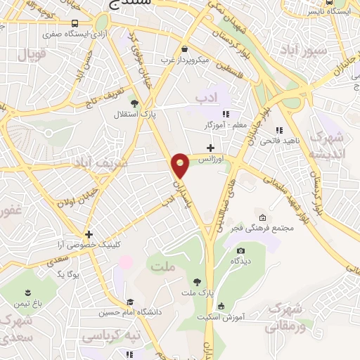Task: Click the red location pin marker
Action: (180, 165)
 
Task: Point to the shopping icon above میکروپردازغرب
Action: (184, 49)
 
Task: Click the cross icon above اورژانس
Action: (210, 146)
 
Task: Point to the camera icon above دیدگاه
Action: (241, 251)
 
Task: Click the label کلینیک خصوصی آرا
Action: (89, 245)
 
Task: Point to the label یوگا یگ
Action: (70, 273)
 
